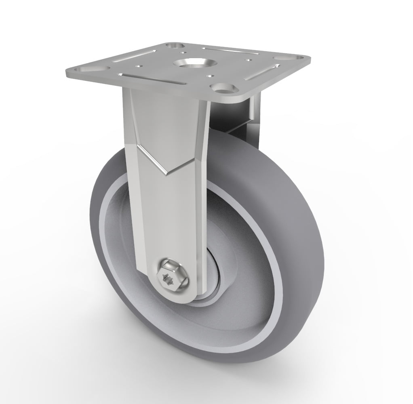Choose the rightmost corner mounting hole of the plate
pyautogui.click(x=279, y=63)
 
